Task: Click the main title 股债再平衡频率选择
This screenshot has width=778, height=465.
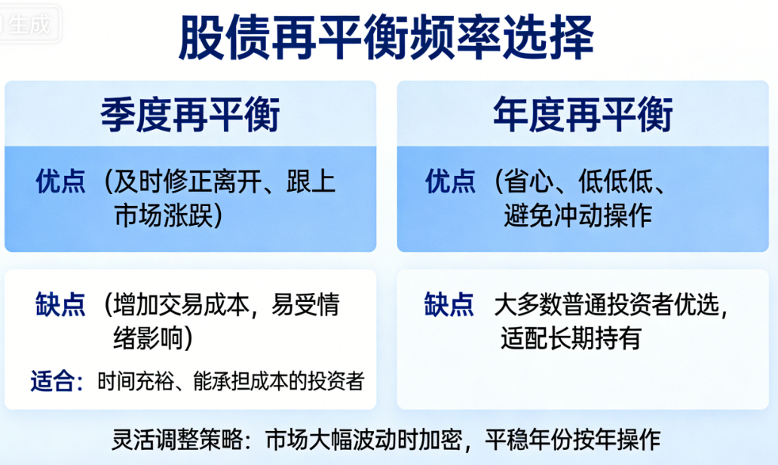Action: [x=386, y=37]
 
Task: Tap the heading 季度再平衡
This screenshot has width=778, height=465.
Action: [x=190, y=115]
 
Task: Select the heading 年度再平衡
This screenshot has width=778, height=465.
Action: [x=583, y=115]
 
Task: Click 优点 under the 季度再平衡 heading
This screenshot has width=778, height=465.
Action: [x=60, y=181]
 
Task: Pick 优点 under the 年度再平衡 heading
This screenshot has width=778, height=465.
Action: [x=450, y=181]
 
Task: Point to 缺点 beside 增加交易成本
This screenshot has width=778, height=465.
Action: [x=60, y=304]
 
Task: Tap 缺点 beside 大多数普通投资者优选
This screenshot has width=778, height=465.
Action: [x=449, y=304]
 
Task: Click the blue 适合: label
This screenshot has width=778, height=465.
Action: [x=57, y=381]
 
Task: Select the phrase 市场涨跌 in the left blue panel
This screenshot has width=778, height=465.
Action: [x=164, y=216]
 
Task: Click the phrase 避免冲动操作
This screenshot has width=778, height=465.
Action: [x=577, y=216]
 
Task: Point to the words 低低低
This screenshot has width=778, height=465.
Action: [x=615, y=181]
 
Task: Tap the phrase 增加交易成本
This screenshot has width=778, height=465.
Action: [x=181, y=304]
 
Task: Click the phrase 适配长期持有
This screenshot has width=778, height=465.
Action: [x=571, y=338]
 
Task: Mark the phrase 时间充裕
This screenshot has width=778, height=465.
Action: [x=136, y=381]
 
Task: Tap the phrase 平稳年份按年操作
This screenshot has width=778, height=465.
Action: [x=573, y=439]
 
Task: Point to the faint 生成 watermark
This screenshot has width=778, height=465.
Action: [x=29, y=23]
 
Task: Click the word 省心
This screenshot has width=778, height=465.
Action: [x=529, y=181]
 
